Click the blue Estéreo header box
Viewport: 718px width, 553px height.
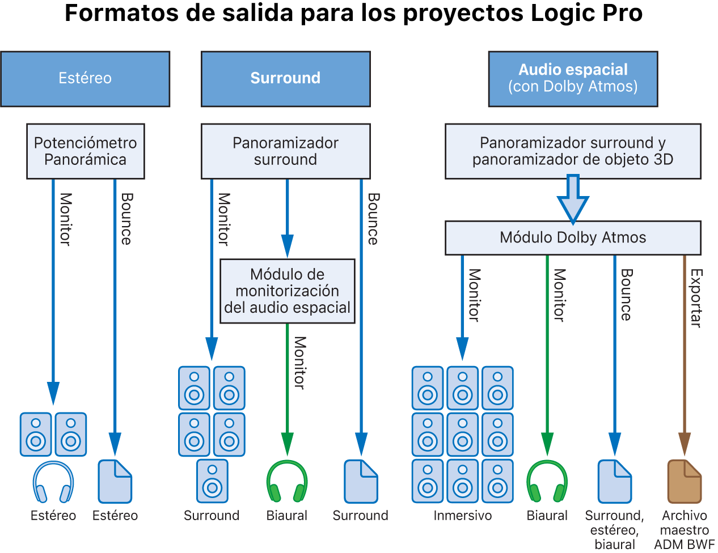[85, 79]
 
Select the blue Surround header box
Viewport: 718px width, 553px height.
[285, 79]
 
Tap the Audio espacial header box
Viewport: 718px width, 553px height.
[573, 79]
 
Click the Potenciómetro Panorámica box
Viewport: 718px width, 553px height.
[85, 151]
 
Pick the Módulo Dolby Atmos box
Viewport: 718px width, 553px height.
[573, 237]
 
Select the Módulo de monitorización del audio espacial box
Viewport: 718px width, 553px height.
[287, 291]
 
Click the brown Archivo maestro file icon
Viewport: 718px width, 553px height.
[685, 482]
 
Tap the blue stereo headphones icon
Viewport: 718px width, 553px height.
[53, 482]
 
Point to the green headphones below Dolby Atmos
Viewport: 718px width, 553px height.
[547, 482]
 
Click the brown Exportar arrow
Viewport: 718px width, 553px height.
[685, 351]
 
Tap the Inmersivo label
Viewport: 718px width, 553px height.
[462, 516]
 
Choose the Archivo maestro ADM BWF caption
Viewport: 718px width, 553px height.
[685, 530]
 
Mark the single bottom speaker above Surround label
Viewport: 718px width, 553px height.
[212, 481]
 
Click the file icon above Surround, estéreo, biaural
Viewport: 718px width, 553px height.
[615, 482]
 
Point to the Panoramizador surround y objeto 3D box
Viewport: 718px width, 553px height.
[573, 151]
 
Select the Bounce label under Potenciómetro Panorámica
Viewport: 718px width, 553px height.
[126, 219]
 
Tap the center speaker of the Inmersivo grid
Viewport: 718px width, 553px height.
[463, 435]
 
